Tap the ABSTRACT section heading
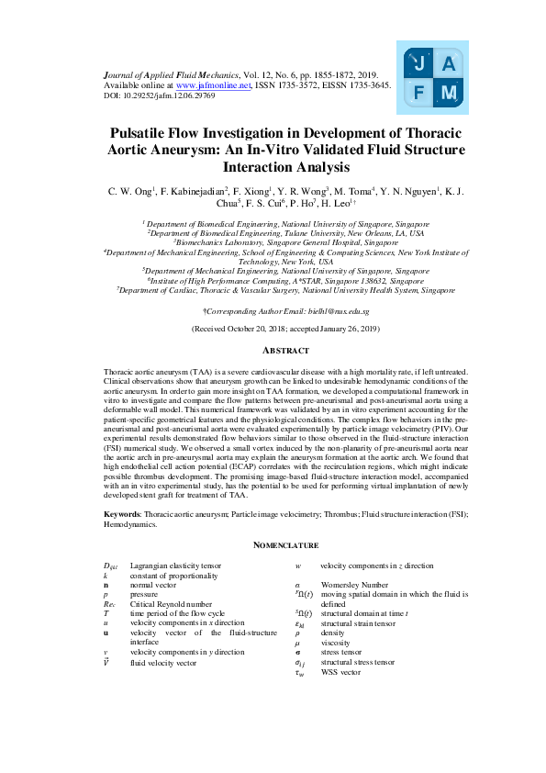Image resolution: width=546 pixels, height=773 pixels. (x=273, y=351)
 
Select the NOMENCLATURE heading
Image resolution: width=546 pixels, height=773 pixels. (x=273, y=545)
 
